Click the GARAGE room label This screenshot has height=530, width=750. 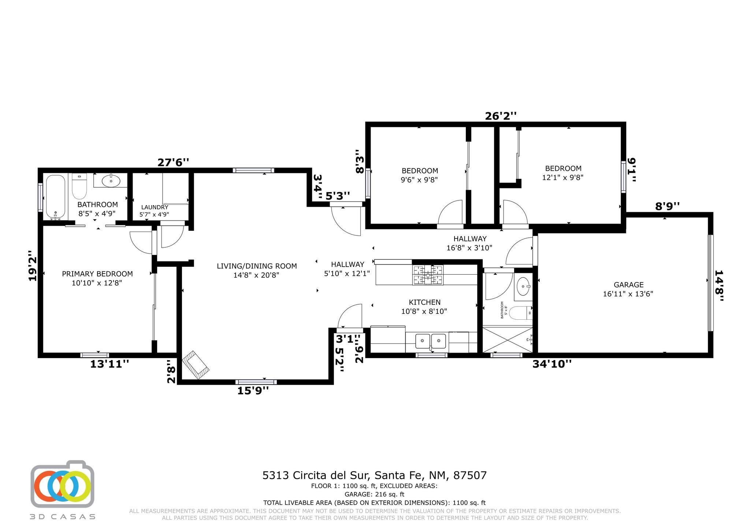628,285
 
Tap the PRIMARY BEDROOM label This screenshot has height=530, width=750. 97,274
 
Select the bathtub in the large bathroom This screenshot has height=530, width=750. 56,196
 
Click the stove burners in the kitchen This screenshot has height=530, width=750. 428,275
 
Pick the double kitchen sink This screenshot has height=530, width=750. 430,341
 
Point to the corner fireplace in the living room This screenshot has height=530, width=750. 196,365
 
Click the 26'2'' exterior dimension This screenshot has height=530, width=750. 501,116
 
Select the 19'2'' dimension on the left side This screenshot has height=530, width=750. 33,266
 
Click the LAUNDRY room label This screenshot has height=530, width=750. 155,207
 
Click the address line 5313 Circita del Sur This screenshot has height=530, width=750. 374,475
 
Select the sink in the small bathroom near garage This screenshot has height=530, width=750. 523,286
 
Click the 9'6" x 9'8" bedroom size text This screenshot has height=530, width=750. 420,180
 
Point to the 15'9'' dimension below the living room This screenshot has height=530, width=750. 253,391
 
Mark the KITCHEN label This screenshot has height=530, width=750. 424,302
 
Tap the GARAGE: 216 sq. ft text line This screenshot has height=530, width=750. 374,494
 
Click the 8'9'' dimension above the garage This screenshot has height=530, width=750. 667,206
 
